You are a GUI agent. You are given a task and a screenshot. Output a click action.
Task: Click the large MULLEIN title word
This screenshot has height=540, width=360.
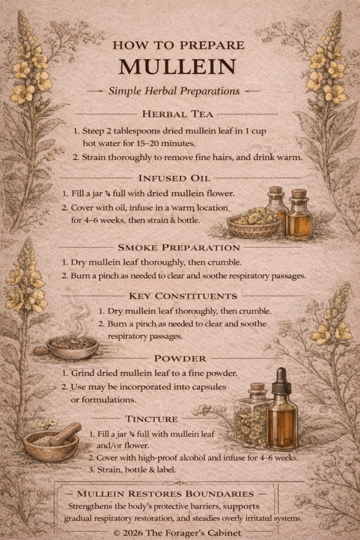[x=178, y=66]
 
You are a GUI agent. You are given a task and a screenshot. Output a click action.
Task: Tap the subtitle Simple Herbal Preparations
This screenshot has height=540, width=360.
[x=174, y=91]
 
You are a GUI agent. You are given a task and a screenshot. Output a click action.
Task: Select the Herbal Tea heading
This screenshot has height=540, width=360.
[x=178, y=114]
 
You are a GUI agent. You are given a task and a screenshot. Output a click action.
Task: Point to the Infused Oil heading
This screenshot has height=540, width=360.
[x=174, y=178]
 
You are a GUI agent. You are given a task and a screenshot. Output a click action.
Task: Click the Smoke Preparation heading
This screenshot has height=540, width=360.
[x=179, y=248]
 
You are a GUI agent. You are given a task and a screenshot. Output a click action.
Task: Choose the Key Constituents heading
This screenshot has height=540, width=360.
[x=183, y=296]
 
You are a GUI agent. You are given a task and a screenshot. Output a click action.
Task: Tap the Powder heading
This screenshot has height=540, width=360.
[x=180, y=359]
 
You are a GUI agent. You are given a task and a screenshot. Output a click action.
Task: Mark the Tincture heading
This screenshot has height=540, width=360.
[x=151, y=419]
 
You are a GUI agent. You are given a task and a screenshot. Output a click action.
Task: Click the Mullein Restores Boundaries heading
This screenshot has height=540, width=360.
[x=166, y=494]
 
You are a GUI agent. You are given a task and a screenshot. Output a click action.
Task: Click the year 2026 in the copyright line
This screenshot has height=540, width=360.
[x=133, y=533]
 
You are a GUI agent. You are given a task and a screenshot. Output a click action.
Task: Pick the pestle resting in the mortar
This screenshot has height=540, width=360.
[x=65, y=433]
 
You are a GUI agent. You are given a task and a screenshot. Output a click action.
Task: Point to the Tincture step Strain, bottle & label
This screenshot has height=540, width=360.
[x=132, y=470]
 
